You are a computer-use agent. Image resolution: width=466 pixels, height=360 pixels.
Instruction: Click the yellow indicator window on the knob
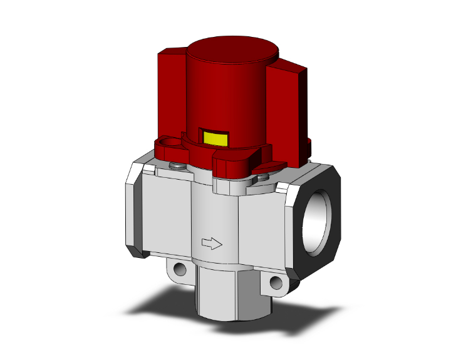tap(214, 138)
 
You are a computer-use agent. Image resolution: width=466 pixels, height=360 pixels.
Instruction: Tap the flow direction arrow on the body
tap(211, 242)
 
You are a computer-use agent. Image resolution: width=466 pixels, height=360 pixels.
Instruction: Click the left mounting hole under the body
tap(180, 270)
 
